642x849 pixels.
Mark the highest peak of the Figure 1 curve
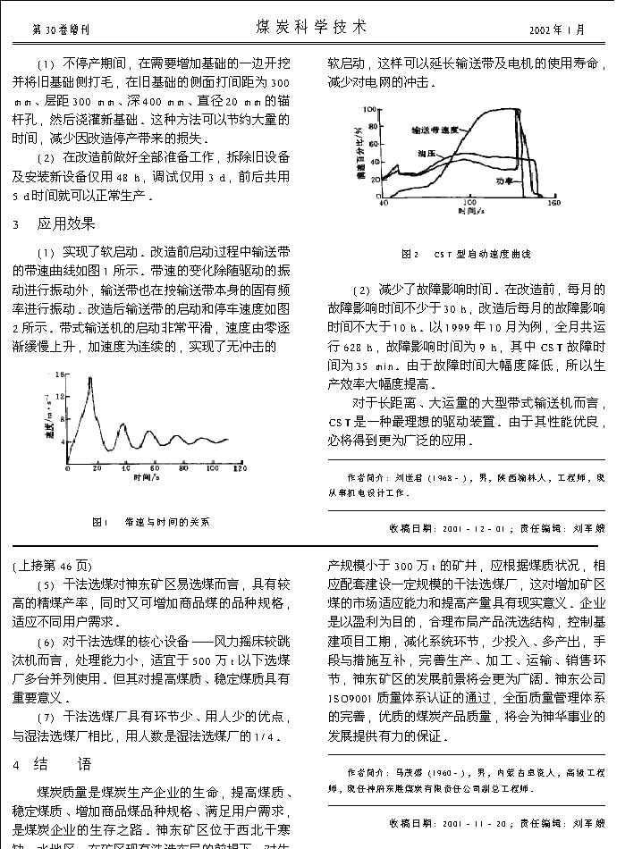(x=89, y=379)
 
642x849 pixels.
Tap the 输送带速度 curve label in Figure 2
(x=435, y=130)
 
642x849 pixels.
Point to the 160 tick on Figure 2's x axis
(x=553, y=204)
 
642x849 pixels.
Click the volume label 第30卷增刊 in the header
(x=61, y=29)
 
